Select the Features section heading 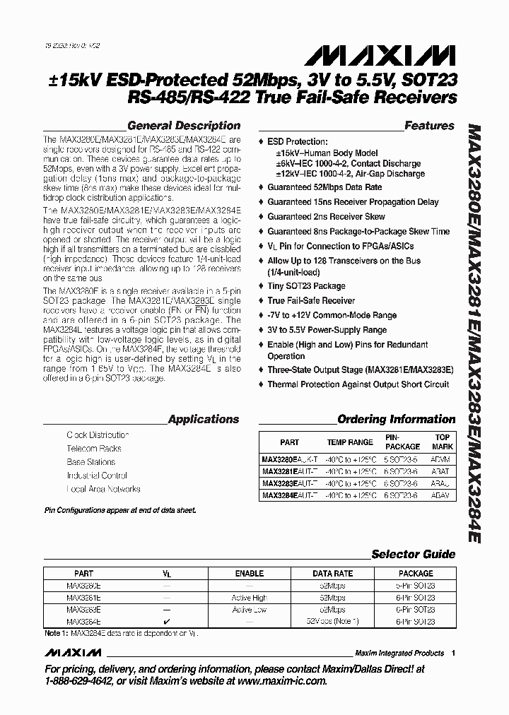tap(429, 126)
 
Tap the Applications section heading tap(204, 419)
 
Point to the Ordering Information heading tap(397, 419)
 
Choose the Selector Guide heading tap(414, 555)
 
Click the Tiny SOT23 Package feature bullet tap(306, 286)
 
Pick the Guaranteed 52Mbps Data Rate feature tap(324, 187)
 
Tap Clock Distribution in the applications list tap(98, 435)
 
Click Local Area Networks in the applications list tap(103, 489)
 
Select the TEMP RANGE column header tap(350, 442)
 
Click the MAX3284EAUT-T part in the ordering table tap(289, 497)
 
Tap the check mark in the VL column tap(167, 621)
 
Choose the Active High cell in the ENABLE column tap(250, 598)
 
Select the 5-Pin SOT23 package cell tap(416, 586)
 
